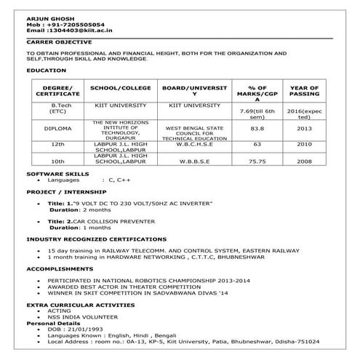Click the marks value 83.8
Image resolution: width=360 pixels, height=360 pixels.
257,129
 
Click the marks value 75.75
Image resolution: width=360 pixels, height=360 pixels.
257,161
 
